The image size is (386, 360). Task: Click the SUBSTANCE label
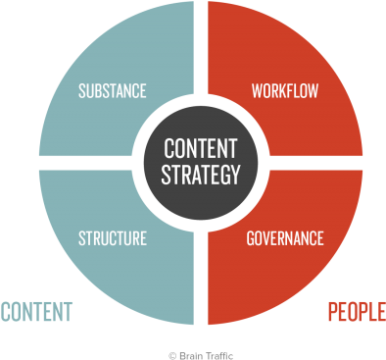click(112, 91)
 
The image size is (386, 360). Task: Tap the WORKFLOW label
click(285, 91)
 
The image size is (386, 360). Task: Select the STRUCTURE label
click(112, 237)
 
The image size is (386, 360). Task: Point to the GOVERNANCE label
click(285, 237)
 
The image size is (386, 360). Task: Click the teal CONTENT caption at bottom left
click(36, 312)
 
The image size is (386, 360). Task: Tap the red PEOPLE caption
click(356, 312)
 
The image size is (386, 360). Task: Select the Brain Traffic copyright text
click(201, 355)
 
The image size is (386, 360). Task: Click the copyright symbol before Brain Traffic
click(171, 355)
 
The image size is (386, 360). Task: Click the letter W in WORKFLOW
click(257, 91)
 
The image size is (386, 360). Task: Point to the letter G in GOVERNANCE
click(250, 237)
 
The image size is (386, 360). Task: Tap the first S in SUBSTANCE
click(80, 91)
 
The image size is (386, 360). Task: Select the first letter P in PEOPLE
click(331, 312)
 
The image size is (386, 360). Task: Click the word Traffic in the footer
click(217, 355)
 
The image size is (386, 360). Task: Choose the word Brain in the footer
click(188, 355)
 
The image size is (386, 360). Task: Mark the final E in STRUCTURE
click(143, 237)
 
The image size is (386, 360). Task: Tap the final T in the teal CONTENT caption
click(68, 312)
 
